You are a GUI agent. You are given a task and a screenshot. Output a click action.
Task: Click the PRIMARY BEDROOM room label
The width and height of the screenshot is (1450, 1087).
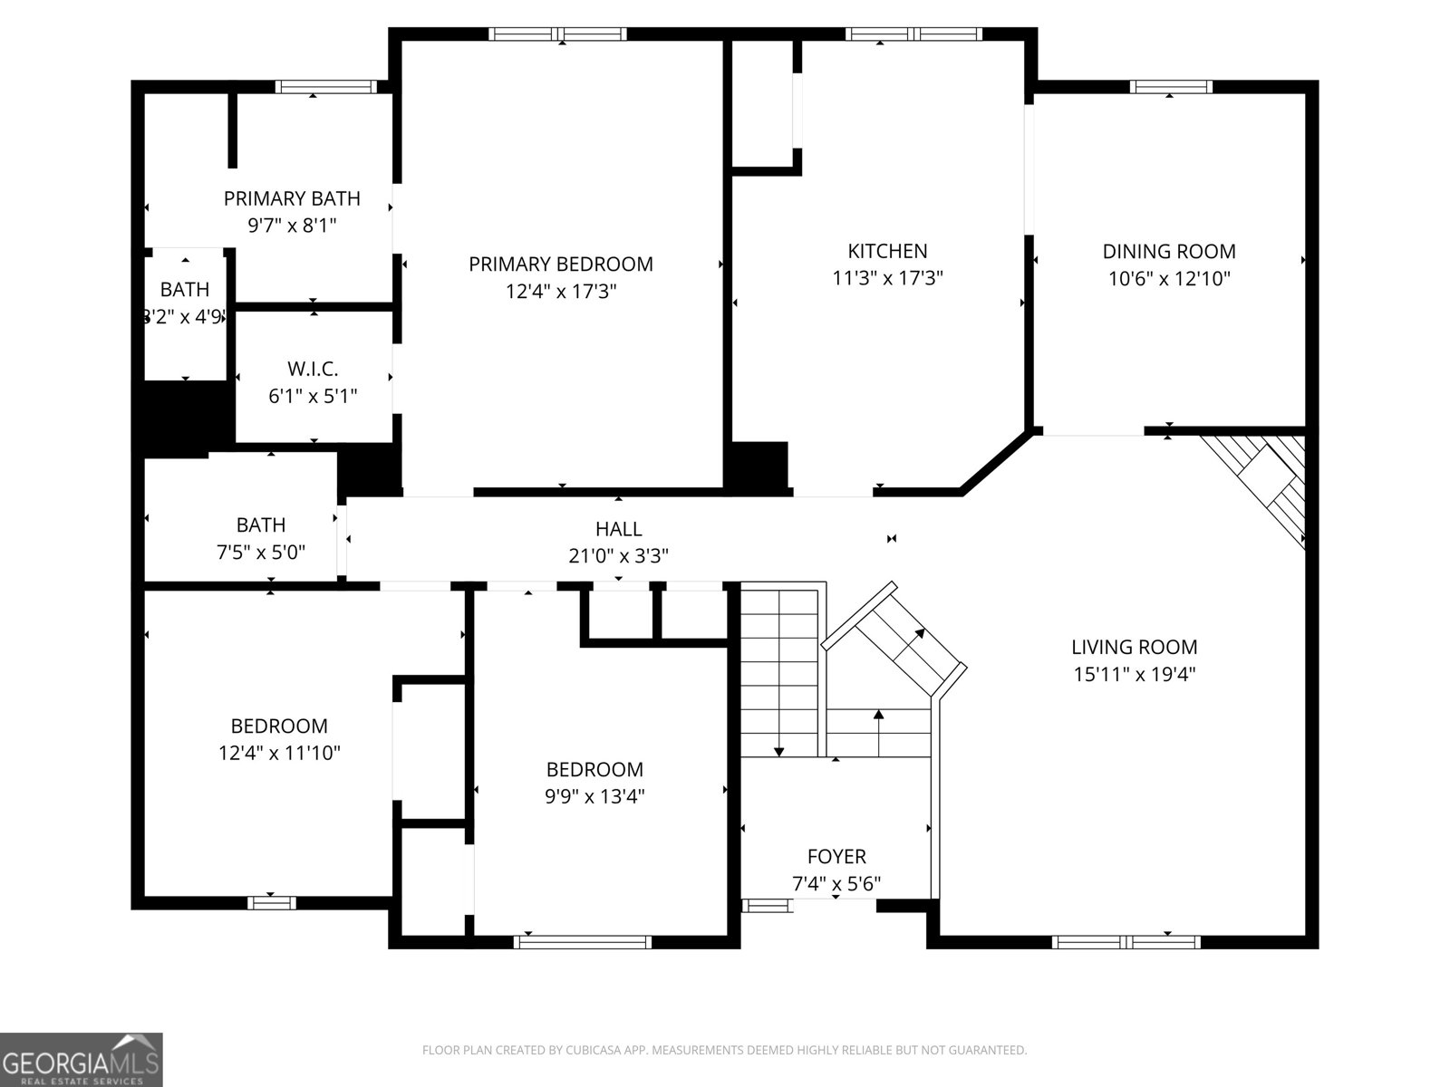[x=560, y=264]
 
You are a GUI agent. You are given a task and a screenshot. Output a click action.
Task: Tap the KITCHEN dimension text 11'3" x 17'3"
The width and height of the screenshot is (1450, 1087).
[x=887, y=278]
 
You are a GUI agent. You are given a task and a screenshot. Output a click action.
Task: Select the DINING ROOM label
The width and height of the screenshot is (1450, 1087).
[x=1168, y=251]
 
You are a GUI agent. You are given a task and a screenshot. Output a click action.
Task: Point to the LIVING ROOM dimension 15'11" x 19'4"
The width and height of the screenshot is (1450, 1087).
[x=1134, y=674]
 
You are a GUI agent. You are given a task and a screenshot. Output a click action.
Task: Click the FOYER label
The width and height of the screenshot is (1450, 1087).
[x=836, y=856]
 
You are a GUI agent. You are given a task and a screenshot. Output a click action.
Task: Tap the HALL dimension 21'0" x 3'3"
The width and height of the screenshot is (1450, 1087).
[x=618, y=555]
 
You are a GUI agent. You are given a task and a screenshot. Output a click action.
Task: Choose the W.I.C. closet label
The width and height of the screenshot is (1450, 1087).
[x=313, y=369]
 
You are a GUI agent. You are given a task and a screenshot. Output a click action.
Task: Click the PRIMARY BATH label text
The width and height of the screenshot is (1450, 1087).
[x=292, y=197]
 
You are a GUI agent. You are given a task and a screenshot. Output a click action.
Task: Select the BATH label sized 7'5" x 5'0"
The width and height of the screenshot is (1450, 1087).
[x=261, y=524]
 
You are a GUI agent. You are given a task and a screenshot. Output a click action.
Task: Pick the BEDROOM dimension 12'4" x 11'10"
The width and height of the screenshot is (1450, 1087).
[x=279, y=753]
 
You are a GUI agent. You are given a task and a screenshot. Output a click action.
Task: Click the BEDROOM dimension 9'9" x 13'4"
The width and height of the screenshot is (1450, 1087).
[x=594, y=796]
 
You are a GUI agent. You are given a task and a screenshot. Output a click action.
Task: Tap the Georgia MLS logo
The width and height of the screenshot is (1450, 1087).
[x=82, y=1059]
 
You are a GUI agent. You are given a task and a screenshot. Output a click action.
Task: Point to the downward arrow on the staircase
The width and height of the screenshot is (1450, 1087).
[x=778, y=751]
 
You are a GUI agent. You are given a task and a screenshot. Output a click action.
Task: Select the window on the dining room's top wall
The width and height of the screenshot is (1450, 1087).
[x=1170, y=87]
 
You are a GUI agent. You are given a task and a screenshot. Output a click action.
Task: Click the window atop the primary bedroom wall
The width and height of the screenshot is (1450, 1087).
[x=557, y=34]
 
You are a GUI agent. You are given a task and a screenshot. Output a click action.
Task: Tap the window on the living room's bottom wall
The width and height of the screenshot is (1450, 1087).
[x=1126, y=942]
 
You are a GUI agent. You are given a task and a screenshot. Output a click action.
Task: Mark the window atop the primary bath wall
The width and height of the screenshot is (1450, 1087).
[x=325, y=87]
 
